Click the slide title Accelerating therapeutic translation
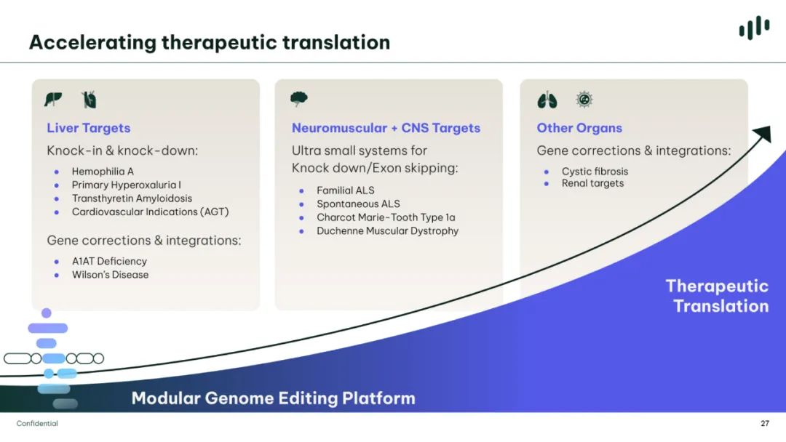pyautogui.click(x=210, y=43)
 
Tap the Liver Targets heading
pyautogui.click(x=89, y=128)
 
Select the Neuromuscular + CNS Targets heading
pyautogui.click(x=386, y=128)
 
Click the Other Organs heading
pyautogui.click(x=579, y=128)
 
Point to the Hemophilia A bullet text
pyautogui.click(x=103, y=171)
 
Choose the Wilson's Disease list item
pyautogui.click(x=111, y=275)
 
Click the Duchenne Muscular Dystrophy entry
pyautogui.click(x=387, y=230)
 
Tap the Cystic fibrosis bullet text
pyautogui.click(x=595, y=171)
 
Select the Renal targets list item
pyautogui.click(x=593, y=183)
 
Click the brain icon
pyautogui.click(x=299, y=99)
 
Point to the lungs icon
pyautogui.click(x=547, y=100)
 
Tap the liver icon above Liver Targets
pyautogui.click(x=53, y=99)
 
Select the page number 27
pyautogui.click(x=765, y=424)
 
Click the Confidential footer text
pyautogui.click(x=37, y=424)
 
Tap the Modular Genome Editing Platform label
pyautogui.click(x=273, y=398)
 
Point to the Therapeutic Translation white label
pyautogui.click(x=718, y=296)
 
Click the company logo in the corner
pyautogui.click(x=755, y=28)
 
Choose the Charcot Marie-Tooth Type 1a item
pyautogui.click(x=386, y=217)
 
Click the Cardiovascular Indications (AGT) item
pyautogui.click(x=151, y=212)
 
